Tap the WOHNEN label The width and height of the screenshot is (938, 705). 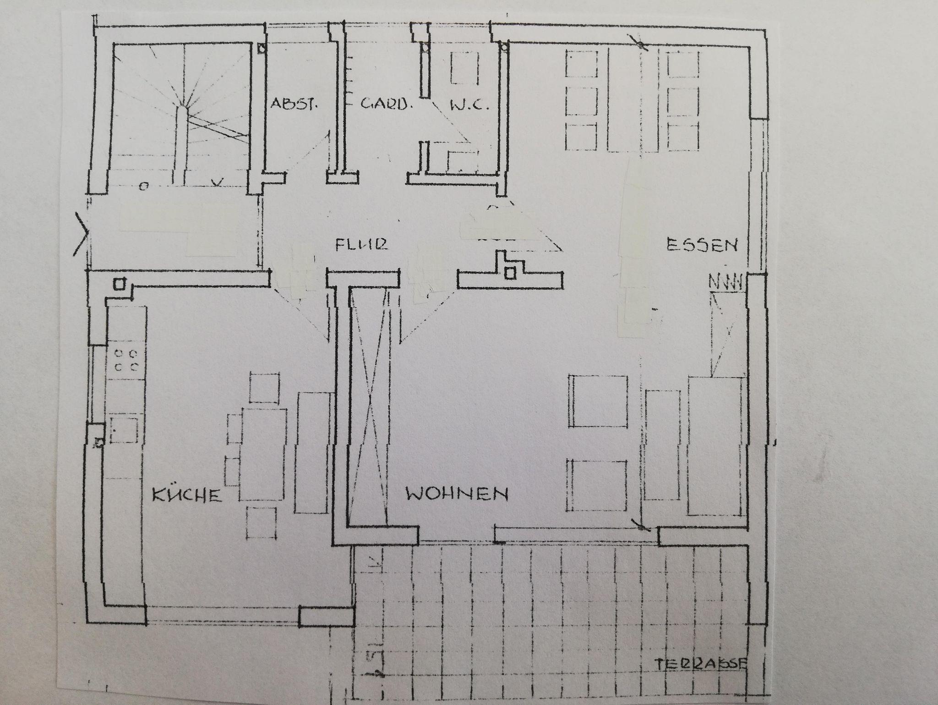pyautogui.click(x=457, y=494)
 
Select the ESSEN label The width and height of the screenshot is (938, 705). pyautogui.click(x=702, y=245)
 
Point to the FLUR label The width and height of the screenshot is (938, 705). pyautogui.click(x=362, y=244)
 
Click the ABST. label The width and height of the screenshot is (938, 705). pyautogui.click(x=294, y=104)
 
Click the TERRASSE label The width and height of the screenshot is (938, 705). pyautogui.click(x=701, y=677)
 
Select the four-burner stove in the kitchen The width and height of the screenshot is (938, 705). pyautogui.click(x=127, y=360)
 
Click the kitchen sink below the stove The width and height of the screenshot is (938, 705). pyautogui.click(x=124, y=430)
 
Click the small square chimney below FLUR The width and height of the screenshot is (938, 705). pyautogui.click(x=509, y=274)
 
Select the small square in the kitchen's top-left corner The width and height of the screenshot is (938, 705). pyautogui.click(x=119, y=284)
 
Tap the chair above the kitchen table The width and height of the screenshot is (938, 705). pyautogui.click(x=265, y=387)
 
